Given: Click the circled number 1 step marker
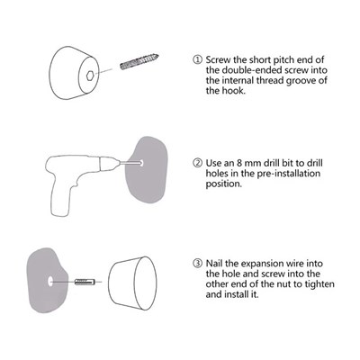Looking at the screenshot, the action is pyautogui.click(x=197, y=59).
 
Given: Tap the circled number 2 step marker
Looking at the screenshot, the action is pyautogui.click(x=197, y=163).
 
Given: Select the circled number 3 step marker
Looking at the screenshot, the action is pyautogui.click(x=197, y=264).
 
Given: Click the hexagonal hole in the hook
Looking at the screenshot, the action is pyautogui.click(x=90, y=76).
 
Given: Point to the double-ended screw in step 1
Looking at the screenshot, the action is pyautogui.click(x=139, y=62).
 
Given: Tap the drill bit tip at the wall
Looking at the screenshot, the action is pyautogui.click(x=140, y=163).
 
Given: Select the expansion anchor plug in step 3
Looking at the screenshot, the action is pyautogui.click(x=85, y=282).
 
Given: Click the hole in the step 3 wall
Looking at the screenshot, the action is pyautogui.click(x=50, y=282).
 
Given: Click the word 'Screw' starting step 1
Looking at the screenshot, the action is pyautogui.click(x=218, y=59).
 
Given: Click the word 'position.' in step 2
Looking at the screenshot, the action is pyautogui.click(x=223, y=184).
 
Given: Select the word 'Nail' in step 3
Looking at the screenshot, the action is pyautogui.click(x=214, y=264).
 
